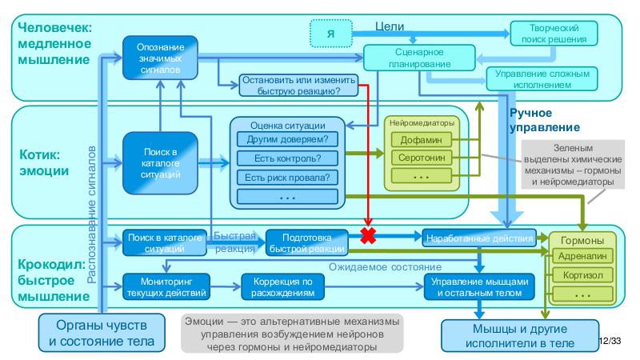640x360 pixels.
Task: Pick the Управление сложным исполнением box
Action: (x=542, y=78)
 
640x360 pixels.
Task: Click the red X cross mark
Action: (x=370, y=237)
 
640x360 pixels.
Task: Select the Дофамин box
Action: (x=421, y=139)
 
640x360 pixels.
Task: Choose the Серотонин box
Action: (x=421, y=158)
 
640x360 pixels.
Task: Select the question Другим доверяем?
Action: (x=288, y=139)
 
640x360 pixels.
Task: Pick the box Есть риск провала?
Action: (x=288, y=177)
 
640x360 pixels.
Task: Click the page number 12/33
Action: (x=610, y=342)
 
